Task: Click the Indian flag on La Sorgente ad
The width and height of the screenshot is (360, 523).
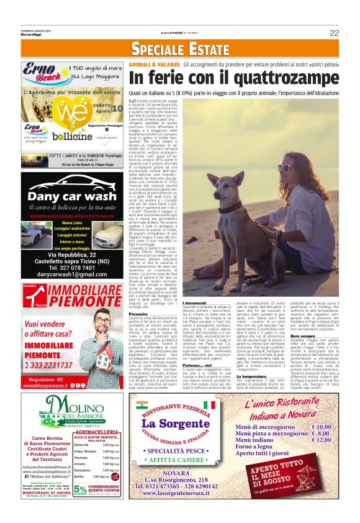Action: click(140, 405)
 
